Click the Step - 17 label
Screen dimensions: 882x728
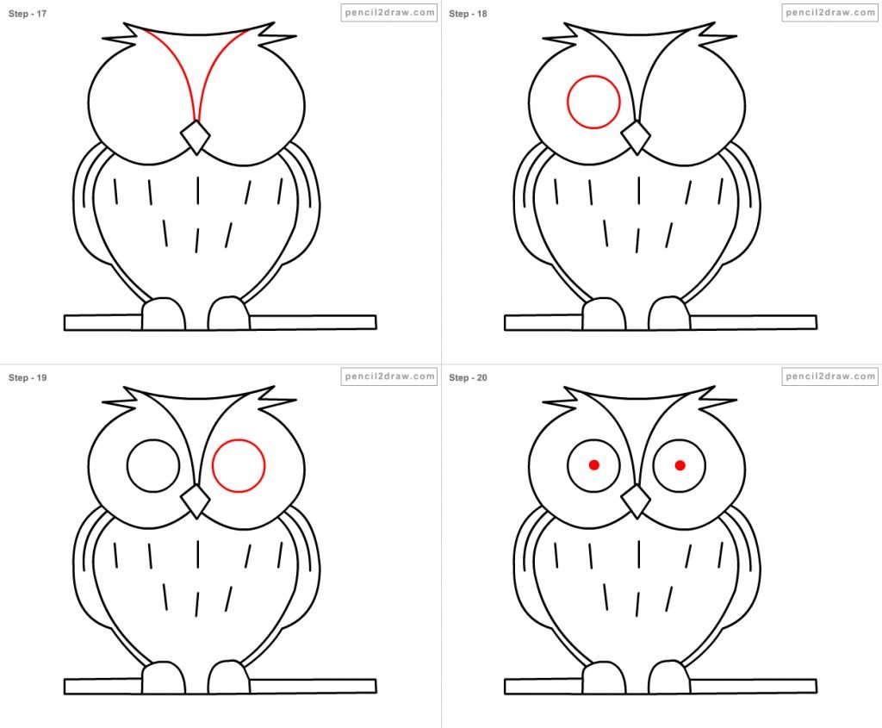pyautogui.click(x=27, y=14)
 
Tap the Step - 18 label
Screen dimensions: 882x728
pyautogui.click(x=468, y=14)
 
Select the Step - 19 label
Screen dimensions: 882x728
pyautogui.click(x=27, y=377)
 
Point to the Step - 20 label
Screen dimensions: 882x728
pyautogui.click(x=468, y=377)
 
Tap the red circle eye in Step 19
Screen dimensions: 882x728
pyautogui.click(x=213, y=466)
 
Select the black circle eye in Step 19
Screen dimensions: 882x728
pyautogui.click(x=127, y=466)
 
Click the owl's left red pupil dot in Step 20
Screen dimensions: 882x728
pyautogui.click(x=594, y=464)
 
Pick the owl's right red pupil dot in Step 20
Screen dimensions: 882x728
pyautogui.click(x=680, y=465)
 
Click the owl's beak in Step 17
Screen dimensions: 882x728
pyautogui.click(x=196, y=137)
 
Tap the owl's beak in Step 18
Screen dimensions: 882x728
pyautogui.click(x=636, y=137)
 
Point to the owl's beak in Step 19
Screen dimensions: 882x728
pyautogui.click(x=196, y=501)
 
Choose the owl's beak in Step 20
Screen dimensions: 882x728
pyautogui.click(x=636, y=501)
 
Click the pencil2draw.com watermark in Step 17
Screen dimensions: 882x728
pyautogui.click(x=389, y=12)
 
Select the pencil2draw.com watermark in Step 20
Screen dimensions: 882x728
pyautogui.click(x=829, y=376)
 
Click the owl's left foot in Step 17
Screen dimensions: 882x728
pyautogui.click(x=164, y=314)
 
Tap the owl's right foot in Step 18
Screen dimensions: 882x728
pyautogui.click(x=668, y=314)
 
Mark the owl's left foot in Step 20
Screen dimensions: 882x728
pyautogui.click(x=604, y=678)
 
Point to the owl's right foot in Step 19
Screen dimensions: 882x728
pyautogui.click(x=228, y=677)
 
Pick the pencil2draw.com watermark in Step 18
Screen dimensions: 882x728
pyautogui.click(x=829, y=12)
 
